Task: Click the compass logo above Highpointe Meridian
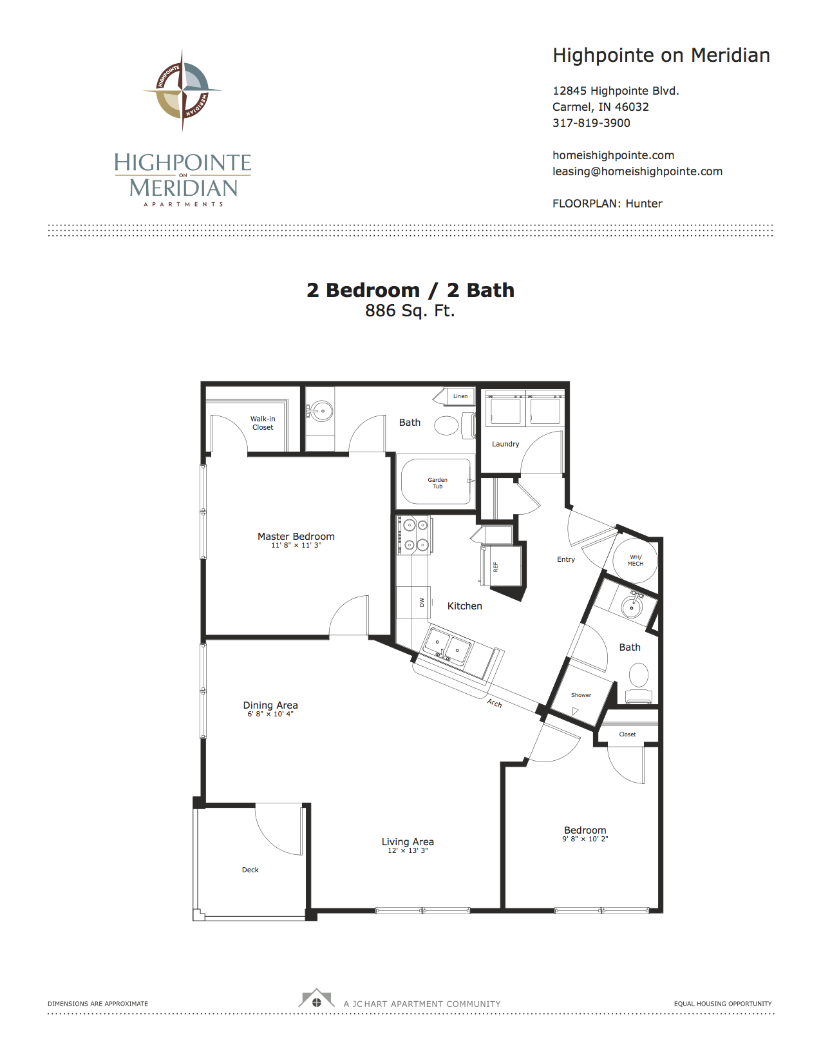[182, 90]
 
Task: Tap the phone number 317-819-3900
[591, 123]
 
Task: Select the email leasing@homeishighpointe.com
[637, 171]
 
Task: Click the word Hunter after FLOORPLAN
[644, 204]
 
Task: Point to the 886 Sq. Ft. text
[410, 311]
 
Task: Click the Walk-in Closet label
[263, 423]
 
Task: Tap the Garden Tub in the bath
[437, 483]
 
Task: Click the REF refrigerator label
[495, 566]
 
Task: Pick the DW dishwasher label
[422, 602]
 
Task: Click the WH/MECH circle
[635, 560]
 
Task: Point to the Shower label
[581, 694]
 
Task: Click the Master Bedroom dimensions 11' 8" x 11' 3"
[296, 545]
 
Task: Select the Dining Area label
[270, 705]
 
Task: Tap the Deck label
[250, 869]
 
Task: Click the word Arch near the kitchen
[495, 703]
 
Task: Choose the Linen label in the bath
[460, 396]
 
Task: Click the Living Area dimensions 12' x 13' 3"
[408, 850]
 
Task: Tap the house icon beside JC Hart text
[316, 999]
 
